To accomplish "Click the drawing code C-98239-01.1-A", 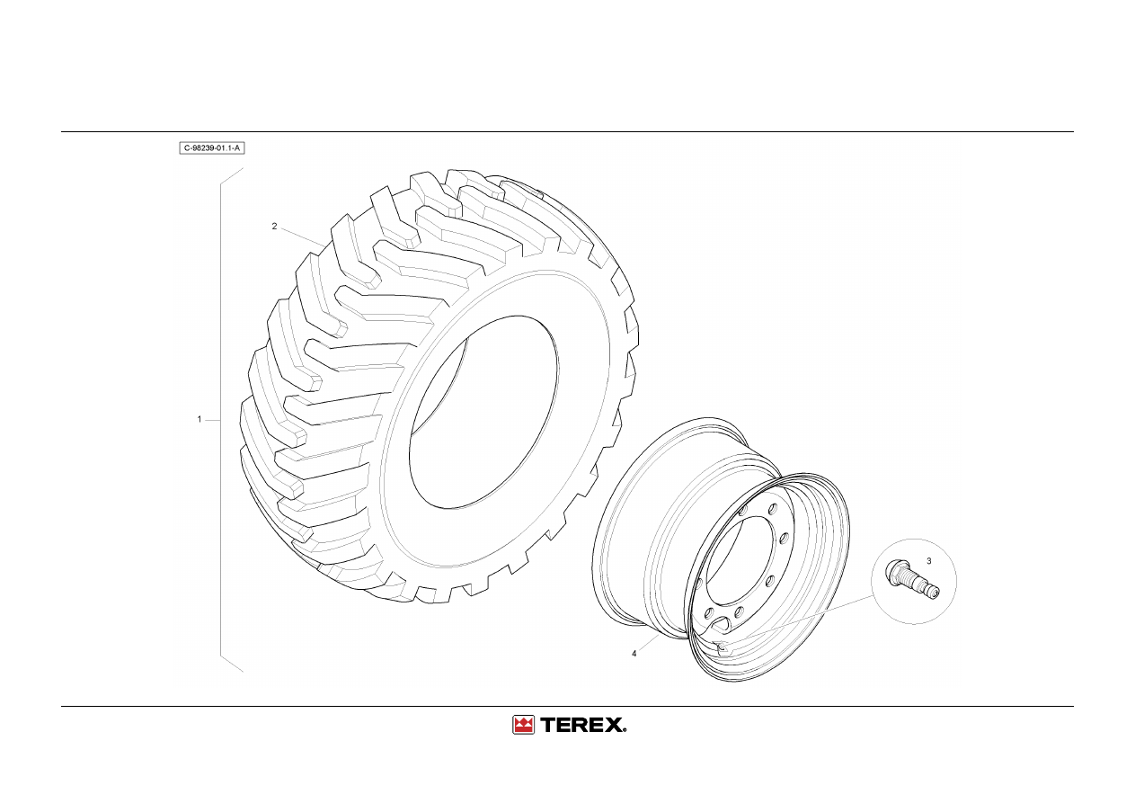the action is (x=212, y=148).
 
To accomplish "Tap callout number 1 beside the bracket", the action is (x=200, y=419).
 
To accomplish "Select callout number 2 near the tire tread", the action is (x=275, y=226).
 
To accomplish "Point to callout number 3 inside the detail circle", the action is (x=929, y=561).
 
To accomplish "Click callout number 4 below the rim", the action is (x=634, y=654).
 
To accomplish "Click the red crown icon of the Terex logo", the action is (x=523, y=725).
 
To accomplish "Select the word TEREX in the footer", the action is (x=583, y=725).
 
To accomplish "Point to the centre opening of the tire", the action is (x=483, y=411).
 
